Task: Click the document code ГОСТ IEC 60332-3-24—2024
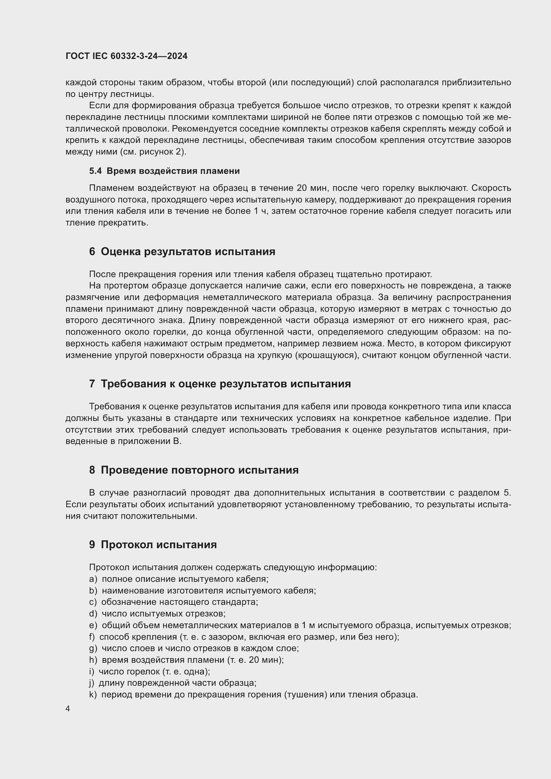[126, 56]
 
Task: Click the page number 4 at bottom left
[68, 709]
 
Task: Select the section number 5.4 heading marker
[95, 171]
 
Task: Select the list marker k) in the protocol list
[93, 694]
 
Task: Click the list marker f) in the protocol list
[92, 637]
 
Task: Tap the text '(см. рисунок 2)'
[153, 152]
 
